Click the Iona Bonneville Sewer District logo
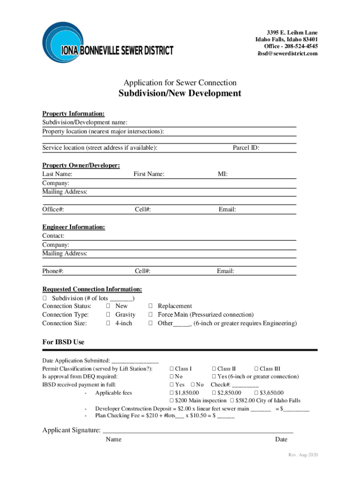107,42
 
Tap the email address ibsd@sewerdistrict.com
288,54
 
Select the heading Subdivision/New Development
180,94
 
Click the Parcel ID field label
246,148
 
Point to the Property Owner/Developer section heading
81,166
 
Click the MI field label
223,174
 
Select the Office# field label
53,210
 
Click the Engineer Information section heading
73,227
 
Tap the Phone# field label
53,271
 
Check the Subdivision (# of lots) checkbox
45,298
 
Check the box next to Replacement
151,306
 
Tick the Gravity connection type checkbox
108,315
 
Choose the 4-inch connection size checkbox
108,324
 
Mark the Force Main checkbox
151,315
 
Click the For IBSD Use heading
63,342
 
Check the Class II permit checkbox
214,369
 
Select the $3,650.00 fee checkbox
256,393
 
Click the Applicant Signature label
71,430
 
